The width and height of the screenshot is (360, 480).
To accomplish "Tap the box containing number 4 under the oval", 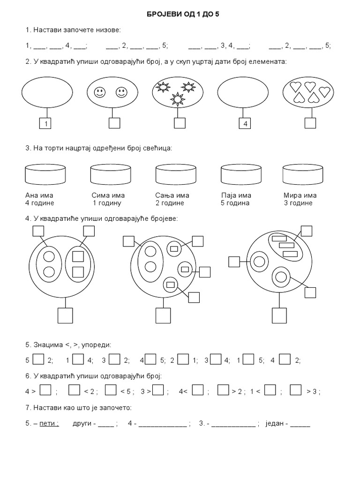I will (x=245, y=124).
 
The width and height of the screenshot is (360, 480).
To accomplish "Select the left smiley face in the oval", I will (x=99, y=92).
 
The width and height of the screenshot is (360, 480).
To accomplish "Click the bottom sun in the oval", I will (x=178, y=99).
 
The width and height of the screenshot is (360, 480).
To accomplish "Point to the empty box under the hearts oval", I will (x=310, y=123).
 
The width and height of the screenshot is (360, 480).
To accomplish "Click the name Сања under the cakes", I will (x=165, y=195).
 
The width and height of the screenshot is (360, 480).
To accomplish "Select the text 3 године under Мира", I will (x=298, y=203).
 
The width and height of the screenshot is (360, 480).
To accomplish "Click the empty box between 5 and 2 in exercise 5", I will (x=38, y=360).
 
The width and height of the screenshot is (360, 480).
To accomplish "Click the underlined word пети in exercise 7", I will (x=49, y=423).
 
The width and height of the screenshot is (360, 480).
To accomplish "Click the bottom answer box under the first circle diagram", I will (x=65, y=315).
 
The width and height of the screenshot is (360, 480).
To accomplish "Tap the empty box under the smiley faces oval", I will (x=114, y=123).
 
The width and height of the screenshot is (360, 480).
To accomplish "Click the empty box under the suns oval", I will (x=180, y=123).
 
